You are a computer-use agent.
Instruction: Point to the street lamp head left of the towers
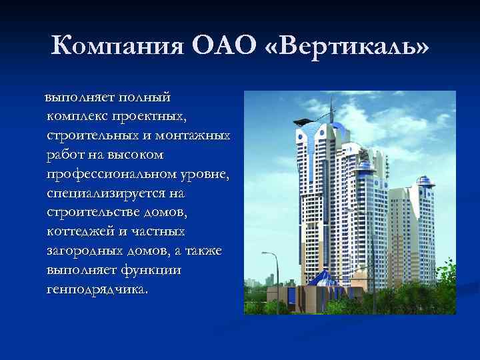pos(266,254)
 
